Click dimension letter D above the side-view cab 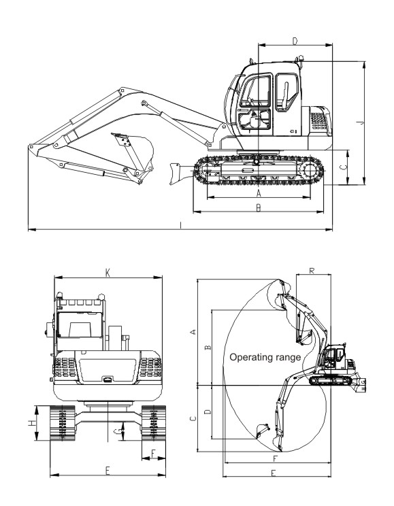[295, 41]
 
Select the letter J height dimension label [362, 123]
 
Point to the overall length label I [181, 225]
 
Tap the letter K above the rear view [108, 273]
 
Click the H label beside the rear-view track [32, 423]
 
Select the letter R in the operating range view [312, 271]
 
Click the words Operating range [265, 357]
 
